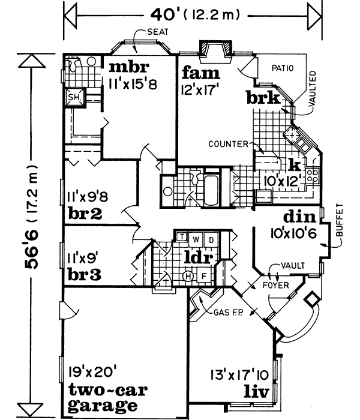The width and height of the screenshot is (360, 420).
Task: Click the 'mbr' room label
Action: pyautogui.click(x=129, y=65)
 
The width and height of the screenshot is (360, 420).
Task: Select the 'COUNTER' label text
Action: pyautogui.click(x=229, y=144)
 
